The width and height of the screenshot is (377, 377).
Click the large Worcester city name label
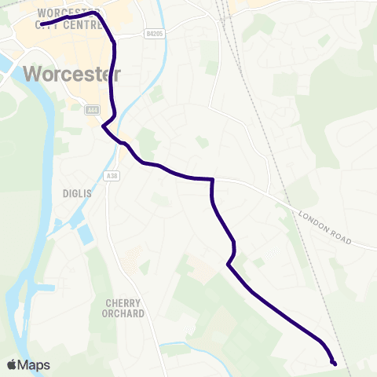tap(72, 74)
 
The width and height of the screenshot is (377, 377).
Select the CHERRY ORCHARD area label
tap(125, 308)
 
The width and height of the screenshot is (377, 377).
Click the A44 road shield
tap(93, 109)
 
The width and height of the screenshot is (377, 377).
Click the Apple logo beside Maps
tap(12, 364)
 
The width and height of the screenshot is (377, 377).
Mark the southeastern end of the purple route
tap(335, 363)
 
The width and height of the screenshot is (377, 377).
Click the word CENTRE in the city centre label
tap(84, 26)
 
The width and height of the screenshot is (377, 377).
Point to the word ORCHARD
tap(125, 313)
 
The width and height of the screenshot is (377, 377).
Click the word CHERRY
tap(125, 302)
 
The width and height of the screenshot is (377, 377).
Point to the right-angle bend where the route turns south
tap(213, 180)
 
